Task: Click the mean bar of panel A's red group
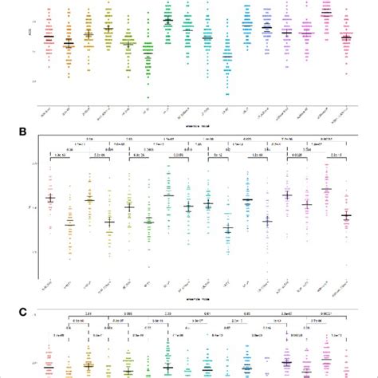(49, 37)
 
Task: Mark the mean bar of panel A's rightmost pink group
(345, 37)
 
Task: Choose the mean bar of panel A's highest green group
(167, 20)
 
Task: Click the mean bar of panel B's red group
(49, 197)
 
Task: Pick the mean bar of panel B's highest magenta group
(325, 189)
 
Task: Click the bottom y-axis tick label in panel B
(32, 252)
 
